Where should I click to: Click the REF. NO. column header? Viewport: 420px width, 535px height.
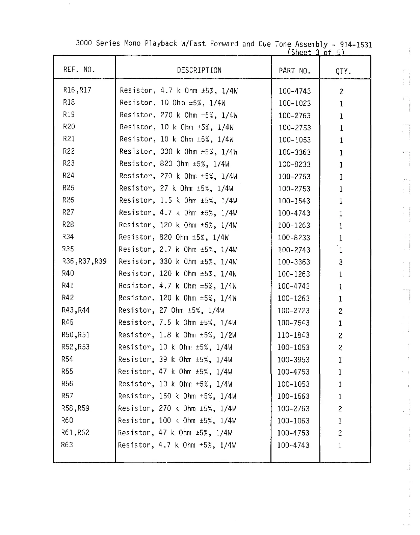click(79, 70)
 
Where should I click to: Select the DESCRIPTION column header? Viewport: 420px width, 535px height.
click(199, 70)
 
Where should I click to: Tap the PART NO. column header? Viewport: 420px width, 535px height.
click(294, 71)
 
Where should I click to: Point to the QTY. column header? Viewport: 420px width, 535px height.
click(343, 71)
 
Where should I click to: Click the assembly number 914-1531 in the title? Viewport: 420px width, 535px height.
click(356, 45)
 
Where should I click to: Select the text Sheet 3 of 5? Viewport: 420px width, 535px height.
click(316, 52)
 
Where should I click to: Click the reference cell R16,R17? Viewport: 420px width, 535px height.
click(77, 90)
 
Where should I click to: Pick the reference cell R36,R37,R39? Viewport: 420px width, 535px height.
click(84, 261)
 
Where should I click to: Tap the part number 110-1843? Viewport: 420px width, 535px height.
click(293, 335)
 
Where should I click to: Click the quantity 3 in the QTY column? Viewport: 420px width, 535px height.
click(341, 262)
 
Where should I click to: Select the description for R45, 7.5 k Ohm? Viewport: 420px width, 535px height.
click(177, 323)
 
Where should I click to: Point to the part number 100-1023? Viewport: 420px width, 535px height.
click(294, 103)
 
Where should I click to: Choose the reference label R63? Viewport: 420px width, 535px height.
click(67, 445)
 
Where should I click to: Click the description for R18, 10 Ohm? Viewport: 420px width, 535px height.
click(173, 103)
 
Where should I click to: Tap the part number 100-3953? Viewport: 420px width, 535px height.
click(293, 360)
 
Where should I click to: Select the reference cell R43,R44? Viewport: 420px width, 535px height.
click(76, 310)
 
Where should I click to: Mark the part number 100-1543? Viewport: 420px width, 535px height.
click(294, 201)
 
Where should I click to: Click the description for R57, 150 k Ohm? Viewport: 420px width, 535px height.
click(177, 396)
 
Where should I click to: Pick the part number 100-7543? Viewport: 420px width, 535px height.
click(293, 323)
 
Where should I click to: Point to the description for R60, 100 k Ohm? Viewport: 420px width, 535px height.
click(177, 421)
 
